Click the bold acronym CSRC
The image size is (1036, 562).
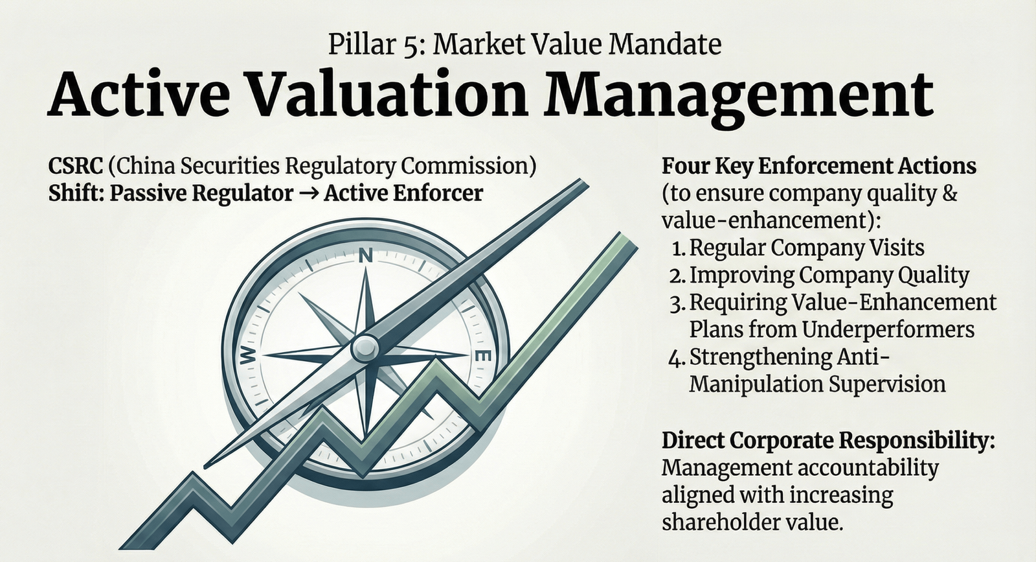75,166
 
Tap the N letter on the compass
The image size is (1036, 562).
365,255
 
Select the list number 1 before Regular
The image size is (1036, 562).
678,249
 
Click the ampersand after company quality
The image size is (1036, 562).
949,193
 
